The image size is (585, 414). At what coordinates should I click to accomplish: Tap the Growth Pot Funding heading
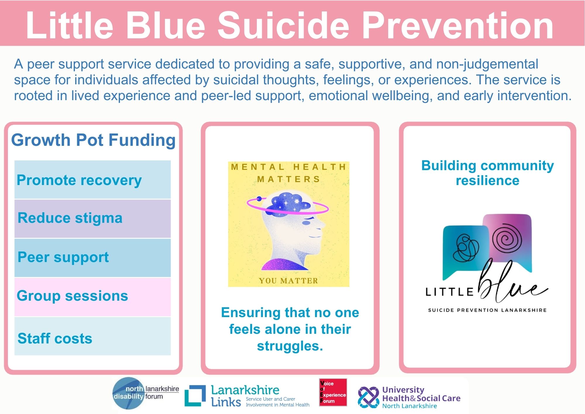tap(93, 140)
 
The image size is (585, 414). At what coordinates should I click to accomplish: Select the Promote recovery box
tap(92, 179)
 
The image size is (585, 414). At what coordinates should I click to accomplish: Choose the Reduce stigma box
tap(92, 219)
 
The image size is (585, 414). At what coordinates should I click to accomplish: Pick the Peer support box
tap(92, 258)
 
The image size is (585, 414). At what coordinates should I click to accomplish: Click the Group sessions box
tap(92, 297)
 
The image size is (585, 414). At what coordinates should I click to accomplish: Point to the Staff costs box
tap(92, 336)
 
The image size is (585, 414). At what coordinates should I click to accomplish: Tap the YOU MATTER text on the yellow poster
tap(288, 281)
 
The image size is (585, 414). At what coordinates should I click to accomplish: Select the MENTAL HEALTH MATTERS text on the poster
tap(289, 173)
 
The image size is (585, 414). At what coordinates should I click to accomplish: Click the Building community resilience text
tap(488, 173)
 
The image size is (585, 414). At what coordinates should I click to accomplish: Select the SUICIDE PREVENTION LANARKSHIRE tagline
tap(487, 310)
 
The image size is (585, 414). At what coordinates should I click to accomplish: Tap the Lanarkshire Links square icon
tap(195, 396)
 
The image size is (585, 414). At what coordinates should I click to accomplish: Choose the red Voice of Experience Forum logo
tap(333, 392)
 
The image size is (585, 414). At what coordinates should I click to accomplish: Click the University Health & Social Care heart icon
tap(369, 397)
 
